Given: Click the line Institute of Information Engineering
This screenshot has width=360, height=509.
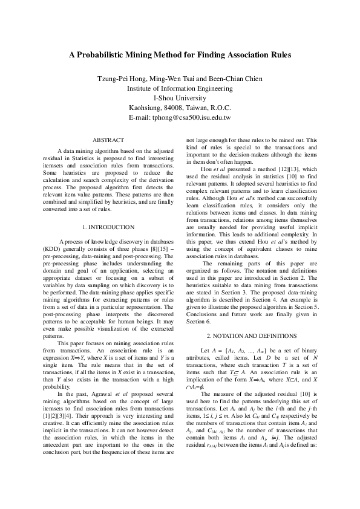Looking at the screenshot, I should (x=180, y=88).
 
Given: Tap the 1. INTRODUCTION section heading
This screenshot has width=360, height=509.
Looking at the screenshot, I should (x=110, y=227).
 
